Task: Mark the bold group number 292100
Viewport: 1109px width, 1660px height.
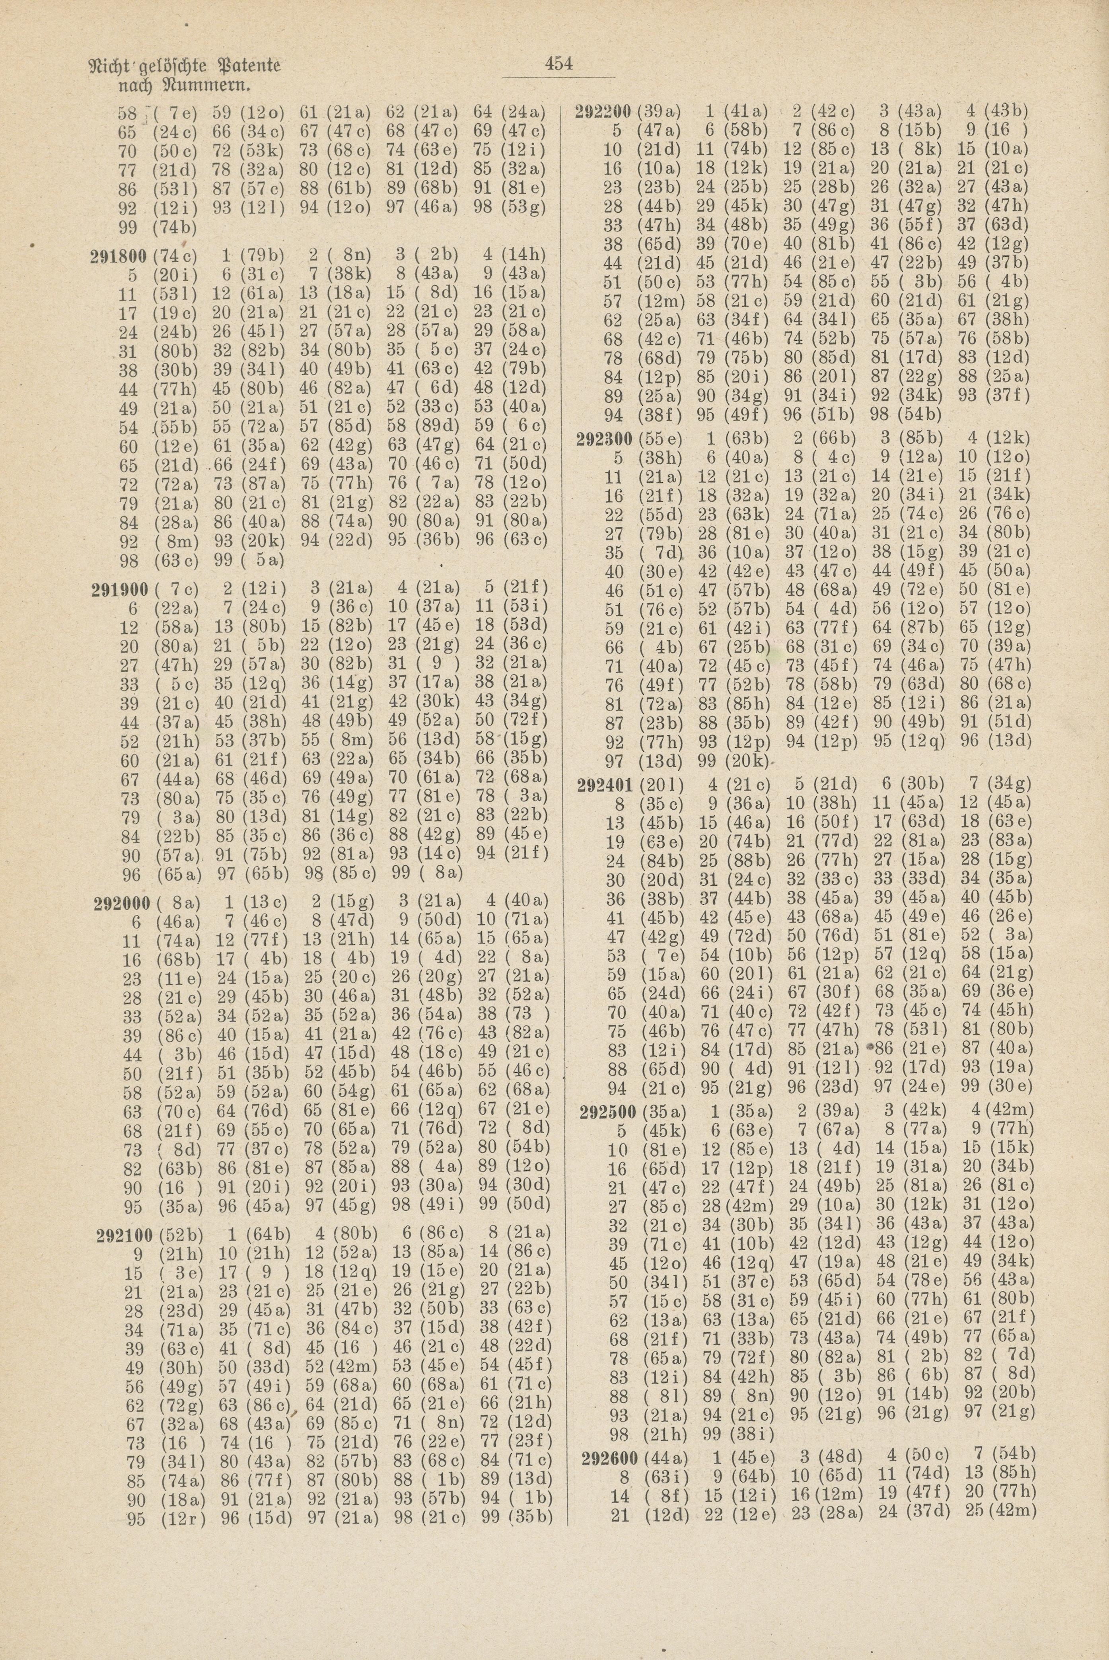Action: [x=124, y=1235]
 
